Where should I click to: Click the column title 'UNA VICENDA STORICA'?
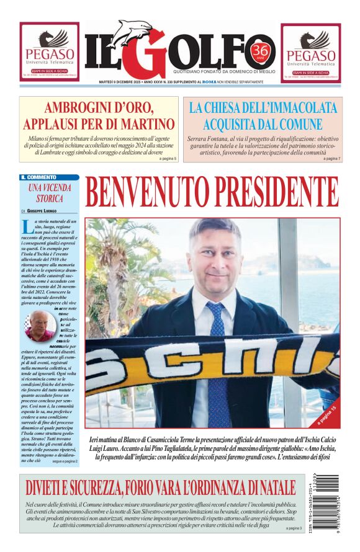pyautogui.click(x=50, y=192)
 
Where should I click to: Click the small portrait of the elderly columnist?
pyautogui.click(x=39, y=327)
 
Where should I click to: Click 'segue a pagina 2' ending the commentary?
pyautogui.click(x=65, y=461)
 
